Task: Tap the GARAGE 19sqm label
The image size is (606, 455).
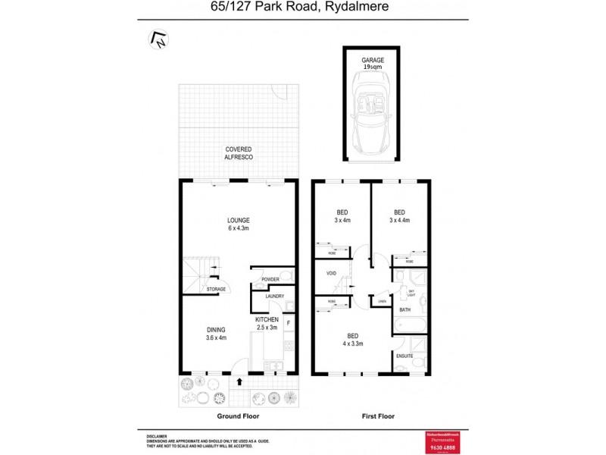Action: (x=371, y=63)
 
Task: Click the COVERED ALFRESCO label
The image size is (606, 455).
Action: (x=239, y=153)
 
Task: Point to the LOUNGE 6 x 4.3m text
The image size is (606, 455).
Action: (x=239, y=224)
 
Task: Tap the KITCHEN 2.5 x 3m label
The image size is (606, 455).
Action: (x=267, y=324)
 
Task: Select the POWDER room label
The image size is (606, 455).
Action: (x=270, y=279)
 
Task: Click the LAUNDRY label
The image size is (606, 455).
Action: (x=274, y=296)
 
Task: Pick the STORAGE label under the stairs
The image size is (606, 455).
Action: (x=216, y=289)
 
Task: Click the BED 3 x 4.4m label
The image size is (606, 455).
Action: (x=399, y=216)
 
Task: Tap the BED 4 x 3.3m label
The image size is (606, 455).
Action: (x=353, y=339)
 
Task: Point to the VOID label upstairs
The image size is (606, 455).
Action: (x=331, y=273)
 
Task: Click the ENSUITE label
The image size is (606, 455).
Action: (x=405, y=355)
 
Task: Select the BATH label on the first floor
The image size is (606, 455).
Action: (x=405, y=309)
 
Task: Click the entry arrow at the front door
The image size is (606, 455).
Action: (x=240, y=383)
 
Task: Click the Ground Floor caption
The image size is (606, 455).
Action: (x=239, y=416)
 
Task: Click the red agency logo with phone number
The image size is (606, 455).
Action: (x=443, y=441)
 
